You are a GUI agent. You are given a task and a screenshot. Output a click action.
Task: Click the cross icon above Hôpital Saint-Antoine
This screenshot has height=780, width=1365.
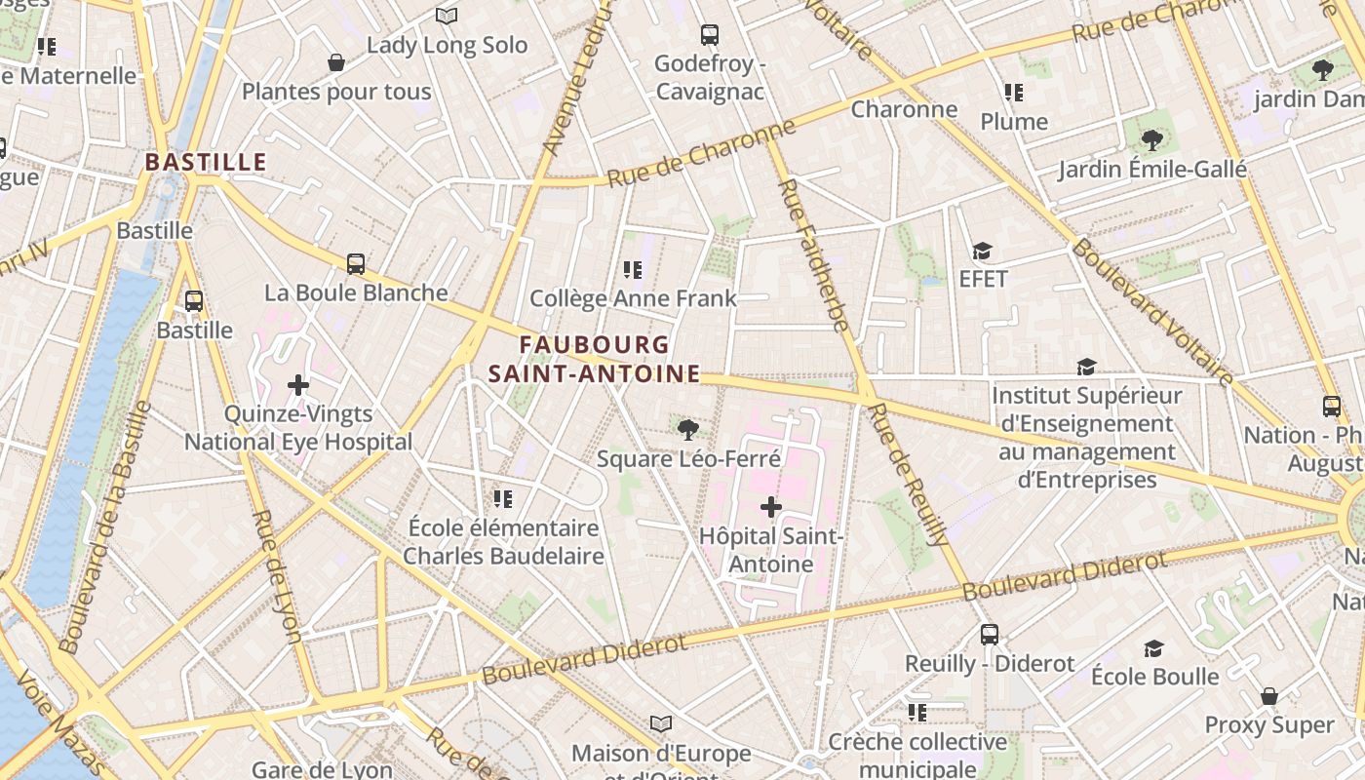771,507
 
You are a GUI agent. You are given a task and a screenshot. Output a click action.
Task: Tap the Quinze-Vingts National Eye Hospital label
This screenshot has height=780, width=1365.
298,428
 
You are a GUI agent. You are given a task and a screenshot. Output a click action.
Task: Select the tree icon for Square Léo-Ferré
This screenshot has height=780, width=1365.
688,429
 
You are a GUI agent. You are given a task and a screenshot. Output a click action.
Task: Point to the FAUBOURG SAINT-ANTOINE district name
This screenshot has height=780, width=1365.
594,359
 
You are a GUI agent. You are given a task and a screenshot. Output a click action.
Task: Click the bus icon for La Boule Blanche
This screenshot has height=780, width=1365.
356,263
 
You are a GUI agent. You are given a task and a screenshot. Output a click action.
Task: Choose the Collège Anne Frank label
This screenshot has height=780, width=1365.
633,298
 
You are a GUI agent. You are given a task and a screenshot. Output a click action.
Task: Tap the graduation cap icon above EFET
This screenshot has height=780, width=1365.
982,252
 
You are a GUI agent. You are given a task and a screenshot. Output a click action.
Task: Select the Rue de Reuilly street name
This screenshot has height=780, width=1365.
908,474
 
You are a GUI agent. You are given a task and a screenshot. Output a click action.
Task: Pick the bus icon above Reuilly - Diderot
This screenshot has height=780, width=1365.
990,635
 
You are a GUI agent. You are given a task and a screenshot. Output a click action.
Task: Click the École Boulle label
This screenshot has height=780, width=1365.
1154,677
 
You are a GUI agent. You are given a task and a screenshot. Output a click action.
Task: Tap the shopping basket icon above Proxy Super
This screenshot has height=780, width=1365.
1268,696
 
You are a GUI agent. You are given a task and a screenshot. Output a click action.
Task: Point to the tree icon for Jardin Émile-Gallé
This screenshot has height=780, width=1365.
1152,140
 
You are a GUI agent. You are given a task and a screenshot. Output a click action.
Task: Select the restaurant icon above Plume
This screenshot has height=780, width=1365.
1014,93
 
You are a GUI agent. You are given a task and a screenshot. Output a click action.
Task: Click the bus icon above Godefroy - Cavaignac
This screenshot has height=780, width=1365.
710,35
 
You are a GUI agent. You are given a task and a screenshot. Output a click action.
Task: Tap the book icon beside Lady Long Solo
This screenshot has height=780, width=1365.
447,17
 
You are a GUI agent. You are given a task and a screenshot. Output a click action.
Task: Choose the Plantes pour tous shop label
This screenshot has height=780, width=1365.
336,92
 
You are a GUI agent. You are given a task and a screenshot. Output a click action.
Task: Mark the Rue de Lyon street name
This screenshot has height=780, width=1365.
277,575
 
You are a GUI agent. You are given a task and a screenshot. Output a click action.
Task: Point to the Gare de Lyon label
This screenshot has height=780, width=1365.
322,769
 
